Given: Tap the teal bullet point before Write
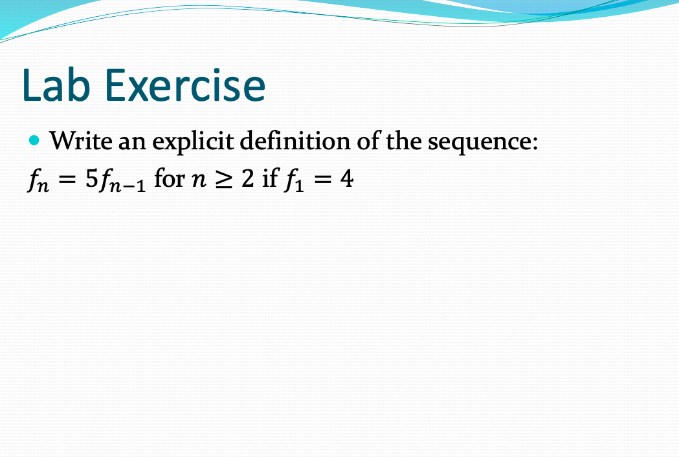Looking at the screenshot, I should pyautogui.click(x=36, y=140).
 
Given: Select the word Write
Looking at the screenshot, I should pyautogui.click(x=82, y=140).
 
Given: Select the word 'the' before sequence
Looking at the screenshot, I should pyautogui.click(x=404, y=140).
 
